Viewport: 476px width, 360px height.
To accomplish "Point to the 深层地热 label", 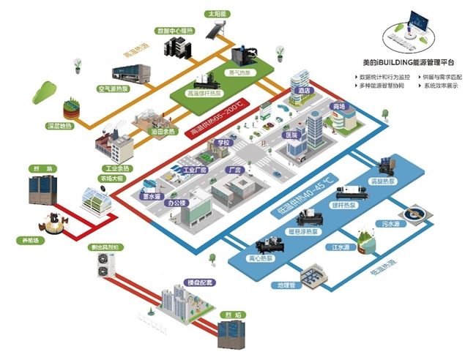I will [59, 125].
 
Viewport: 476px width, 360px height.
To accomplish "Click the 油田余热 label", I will [162, 131].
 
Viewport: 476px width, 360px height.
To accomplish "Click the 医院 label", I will [291, 135].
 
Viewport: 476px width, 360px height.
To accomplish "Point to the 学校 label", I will [222, 142].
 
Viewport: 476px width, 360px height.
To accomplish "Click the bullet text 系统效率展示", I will [442, 86].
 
